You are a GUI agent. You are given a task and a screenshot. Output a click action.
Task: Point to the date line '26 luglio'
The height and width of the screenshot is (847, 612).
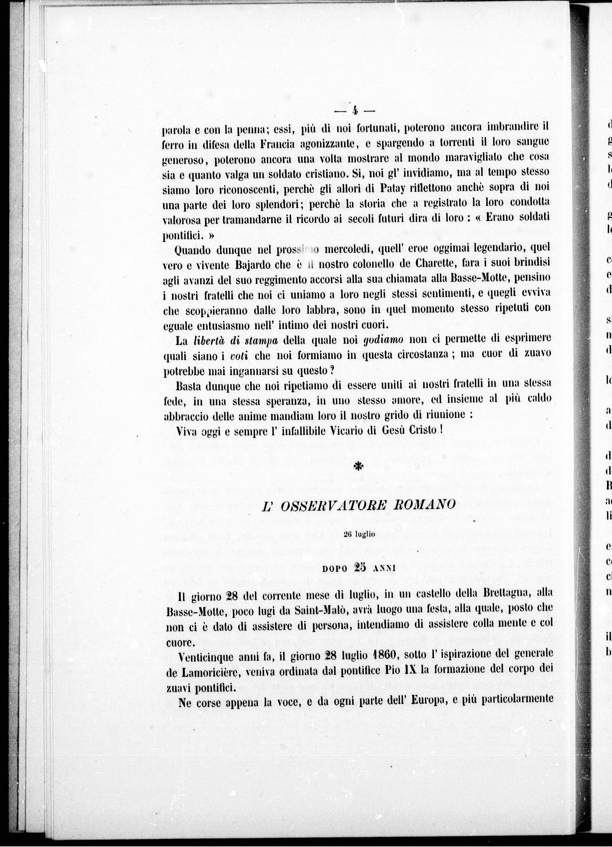(x=359, y=534)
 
